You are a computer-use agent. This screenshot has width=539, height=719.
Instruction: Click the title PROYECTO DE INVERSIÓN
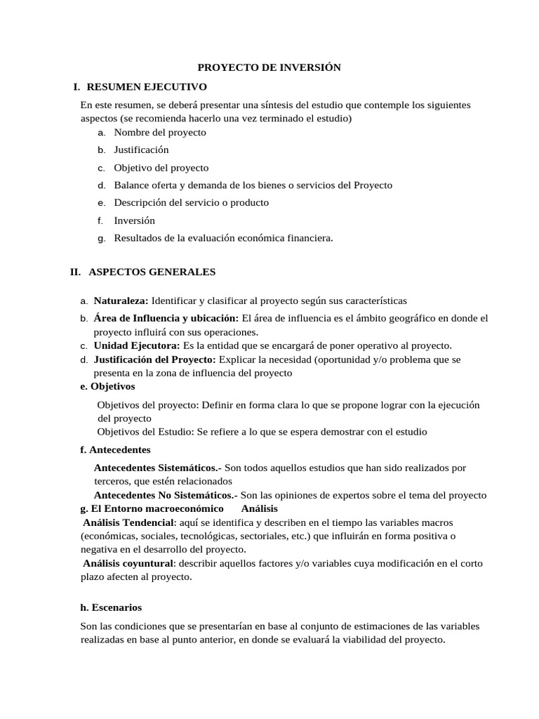click(269, 67)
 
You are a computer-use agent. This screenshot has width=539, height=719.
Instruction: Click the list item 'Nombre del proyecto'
click(160, 132)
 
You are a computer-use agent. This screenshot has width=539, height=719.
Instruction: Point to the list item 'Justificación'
click(141, 150)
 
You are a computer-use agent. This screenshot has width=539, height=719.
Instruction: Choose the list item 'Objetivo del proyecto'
click(161, 168)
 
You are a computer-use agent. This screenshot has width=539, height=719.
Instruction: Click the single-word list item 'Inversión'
click(134, 220)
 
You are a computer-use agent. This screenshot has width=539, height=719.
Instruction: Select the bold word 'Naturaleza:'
click(121, 301)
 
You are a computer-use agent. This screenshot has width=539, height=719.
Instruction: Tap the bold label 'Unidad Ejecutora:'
click(137, 345)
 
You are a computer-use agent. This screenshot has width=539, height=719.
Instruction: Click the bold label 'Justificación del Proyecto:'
click(154, 359)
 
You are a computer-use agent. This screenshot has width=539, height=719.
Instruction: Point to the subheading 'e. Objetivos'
click(108, 386)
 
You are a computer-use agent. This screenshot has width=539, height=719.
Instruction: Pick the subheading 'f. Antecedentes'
click(116, 449)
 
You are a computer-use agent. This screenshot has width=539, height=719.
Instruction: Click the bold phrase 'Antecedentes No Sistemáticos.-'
click(166, 495)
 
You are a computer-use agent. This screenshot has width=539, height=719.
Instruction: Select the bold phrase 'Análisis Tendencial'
click(128, 522)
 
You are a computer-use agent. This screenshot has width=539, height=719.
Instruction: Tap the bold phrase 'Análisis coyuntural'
click(128, 563)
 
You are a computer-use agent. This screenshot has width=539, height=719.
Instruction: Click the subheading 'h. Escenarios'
click(111, 607)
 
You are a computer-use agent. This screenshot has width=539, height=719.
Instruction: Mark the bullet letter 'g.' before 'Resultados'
click(102, 239)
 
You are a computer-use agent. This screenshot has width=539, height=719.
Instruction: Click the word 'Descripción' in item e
click(138, 203)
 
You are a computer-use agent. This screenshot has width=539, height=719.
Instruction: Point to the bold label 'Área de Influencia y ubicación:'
click(166, 318)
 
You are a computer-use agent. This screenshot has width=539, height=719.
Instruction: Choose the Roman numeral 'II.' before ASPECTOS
click(76, 272)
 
